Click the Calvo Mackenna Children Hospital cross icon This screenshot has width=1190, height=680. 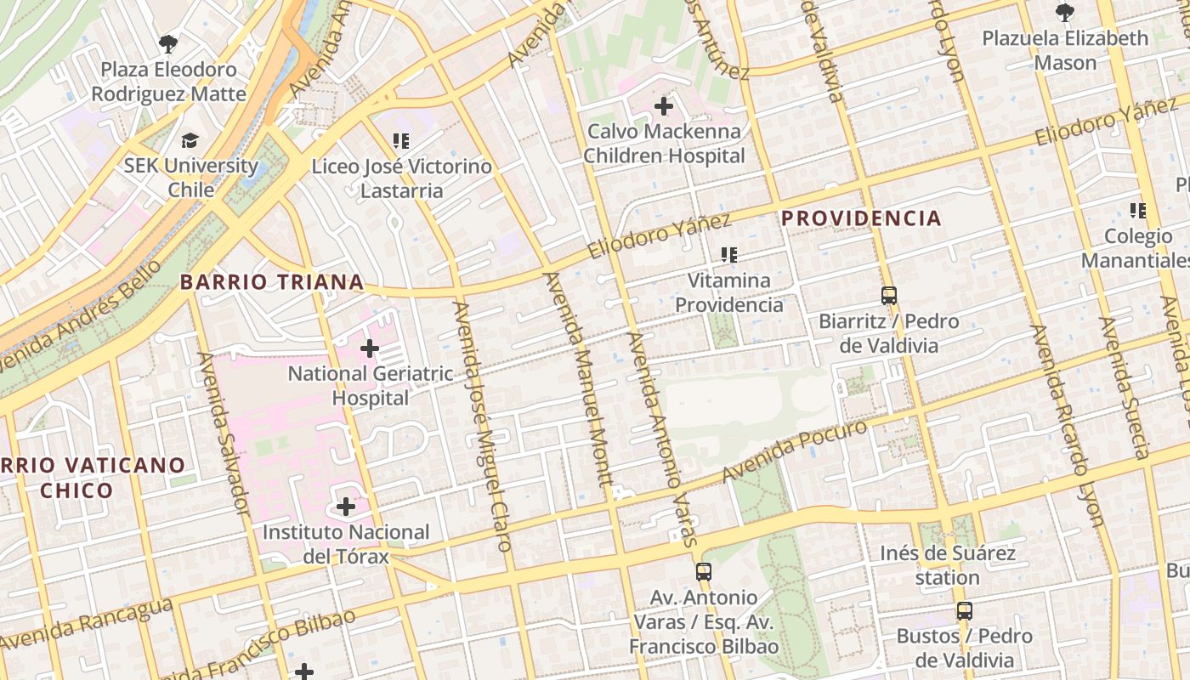pyautogui.click(x=664, y=106)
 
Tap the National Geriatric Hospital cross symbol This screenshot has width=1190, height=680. pyautogui.click(x=370, y=348)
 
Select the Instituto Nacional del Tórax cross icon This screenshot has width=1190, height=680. pyautogui.click(x=346, y=507)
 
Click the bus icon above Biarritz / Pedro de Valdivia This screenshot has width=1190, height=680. pyautogui.click(x=889, y=296)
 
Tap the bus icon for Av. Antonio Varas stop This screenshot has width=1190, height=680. pyautogui.click(x=704, y=571)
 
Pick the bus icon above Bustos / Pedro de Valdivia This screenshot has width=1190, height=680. pyautogui.click(x=964, y=610)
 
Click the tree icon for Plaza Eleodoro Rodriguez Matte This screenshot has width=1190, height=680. pyautogui.click(x=168, y=42)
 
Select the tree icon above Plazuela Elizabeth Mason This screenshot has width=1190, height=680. pyautogui.click(x=1064, y=12)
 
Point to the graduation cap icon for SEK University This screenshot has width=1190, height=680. pyautogui.click(x=190, y=140)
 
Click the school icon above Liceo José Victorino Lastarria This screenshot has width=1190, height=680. pyautogui.click(x=401, y=140)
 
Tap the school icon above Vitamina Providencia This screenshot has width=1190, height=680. pyautogui.click(x=728, y=254)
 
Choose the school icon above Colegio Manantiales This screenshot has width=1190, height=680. pyautogui.click(x=1137, y=210)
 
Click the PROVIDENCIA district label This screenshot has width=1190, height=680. pyautogui.click(x=861, y=218)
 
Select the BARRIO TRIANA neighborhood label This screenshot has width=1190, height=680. pyautogui.click(x=272, y=282)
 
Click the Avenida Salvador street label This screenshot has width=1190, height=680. pyautogui.click(x=223, y=433)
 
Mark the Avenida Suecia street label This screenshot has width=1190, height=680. pyautogui.click(x=1124, y=388)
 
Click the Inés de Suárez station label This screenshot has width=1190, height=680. pyautogui.click(x=948, y=565)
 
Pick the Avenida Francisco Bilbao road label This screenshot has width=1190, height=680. pyautogui.click(x=255, y=646)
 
